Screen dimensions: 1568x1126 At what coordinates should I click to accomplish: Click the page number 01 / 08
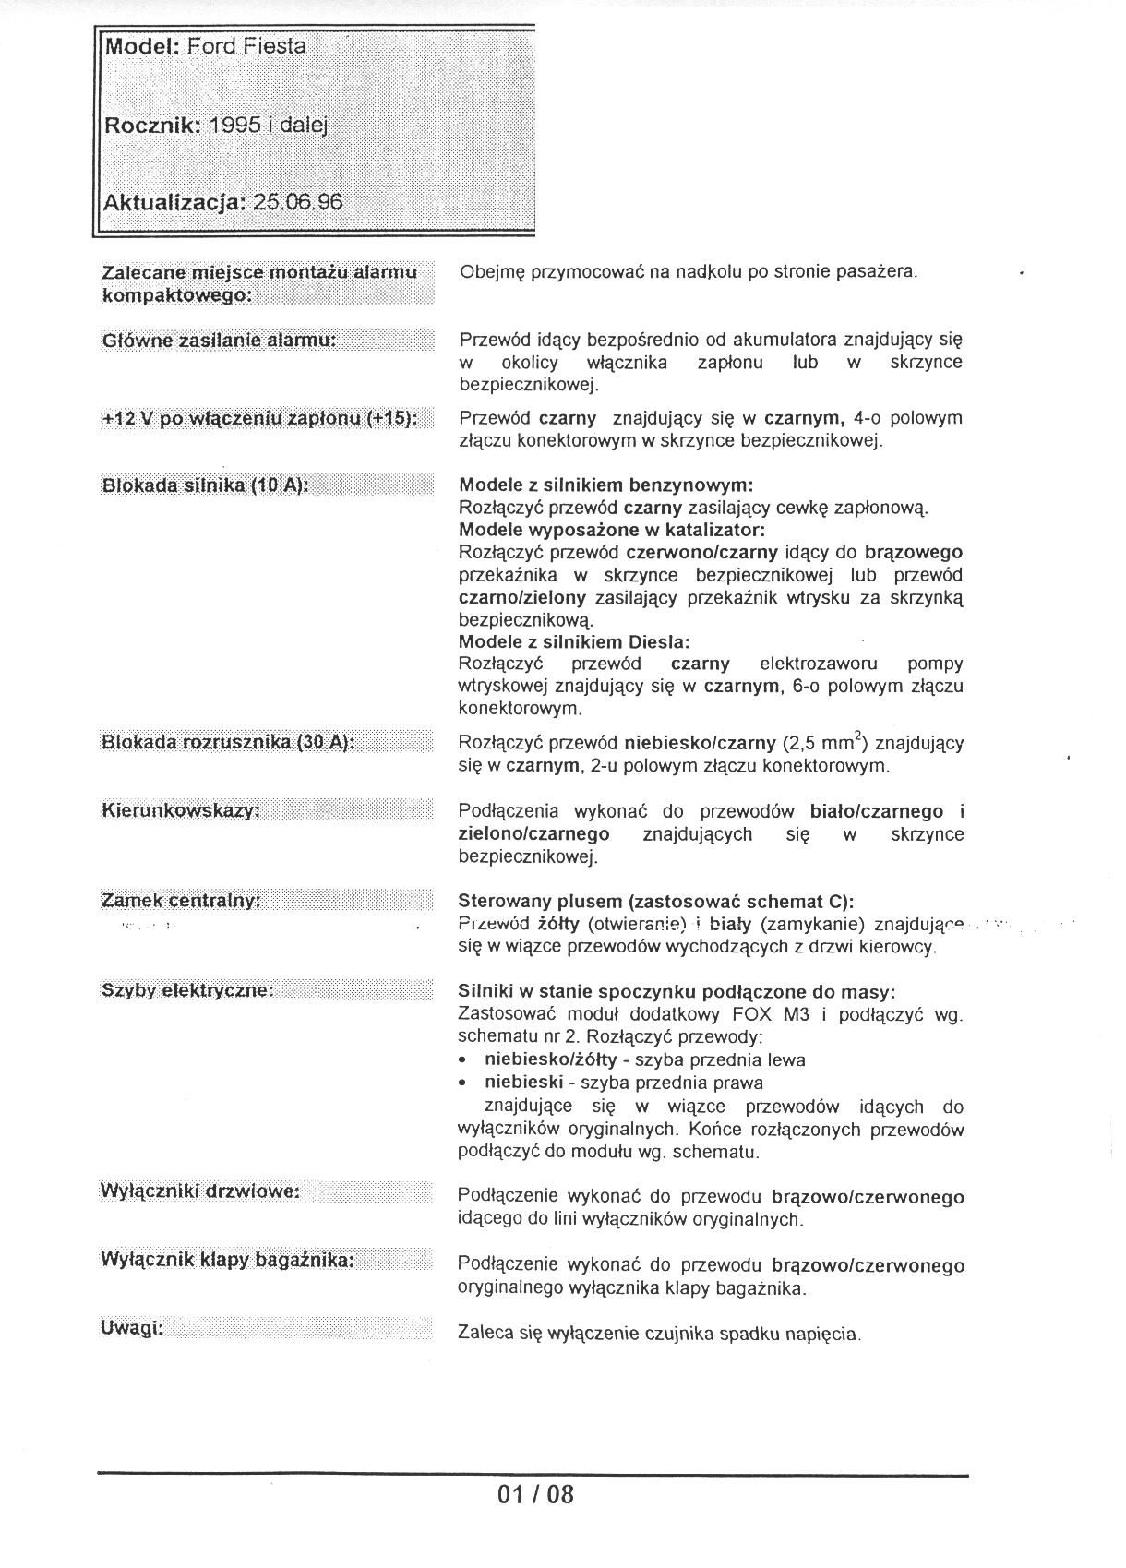[x=535, y=1494]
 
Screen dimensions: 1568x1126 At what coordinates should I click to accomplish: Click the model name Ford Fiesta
[x=246, y=46]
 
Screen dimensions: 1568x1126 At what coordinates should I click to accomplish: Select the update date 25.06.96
[x=297, y=202]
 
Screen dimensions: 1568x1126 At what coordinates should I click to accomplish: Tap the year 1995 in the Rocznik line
[x=235, y=125]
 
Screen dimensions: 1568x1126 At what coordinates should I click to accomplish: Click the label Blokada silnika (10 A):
[x=205, y=485]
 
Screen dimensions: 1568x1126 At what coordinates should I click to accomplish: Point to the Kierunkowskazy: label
[x=181, y=811]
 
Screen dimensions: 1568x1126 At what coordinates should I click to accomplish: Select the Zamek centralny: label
[x=181, y=901]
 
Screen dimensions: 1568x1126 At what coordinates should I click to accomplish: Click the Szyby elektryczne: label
[x=187, y=991]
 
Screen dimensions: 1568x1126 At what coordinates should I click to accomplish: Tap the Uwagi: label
[x=132, y=1329]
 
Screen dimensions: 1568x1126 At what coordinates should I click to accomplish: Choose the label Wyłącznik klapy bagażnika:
[x=227, y=1261]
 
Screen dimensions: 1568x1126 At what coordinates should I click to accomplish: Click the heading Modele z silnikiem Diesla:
[x=574, y=641]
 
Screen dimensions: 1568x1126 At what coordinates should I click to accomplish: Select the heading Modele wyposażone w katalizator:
[x=612, y=531]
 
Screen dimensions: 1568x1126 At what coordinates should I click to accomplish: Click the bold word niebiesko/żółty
[x=550, y=1060]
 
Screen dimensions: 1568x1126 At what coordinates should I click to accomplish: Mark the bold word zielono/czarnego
[x=534, y=834]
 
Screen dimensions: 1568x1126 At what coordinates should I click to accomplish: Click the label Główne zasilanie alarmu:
[x=220, y=341]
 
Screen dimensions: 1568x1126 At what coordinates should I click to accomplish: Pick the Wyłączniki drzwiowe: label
[x=199, y=1192]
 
